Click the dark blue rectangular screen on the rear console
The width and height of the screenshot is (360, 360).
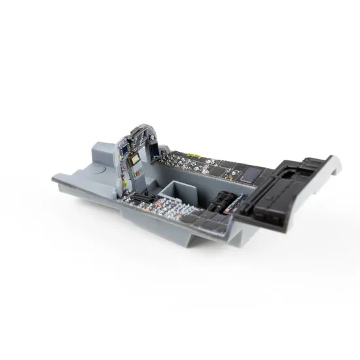pos(249,174)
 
